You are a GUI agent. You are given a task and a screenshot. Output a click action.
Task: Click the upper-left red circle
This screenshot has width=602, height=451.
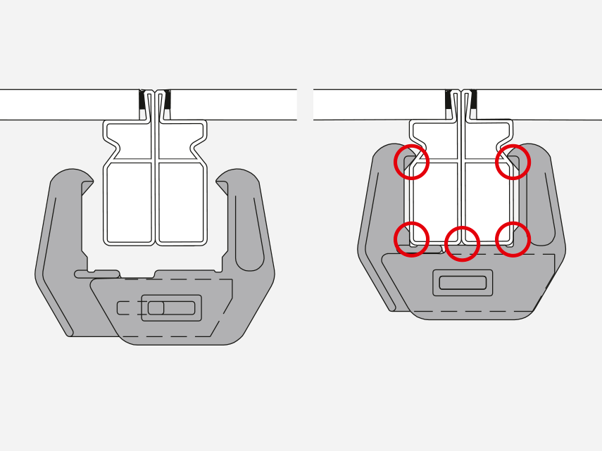pos(411,162)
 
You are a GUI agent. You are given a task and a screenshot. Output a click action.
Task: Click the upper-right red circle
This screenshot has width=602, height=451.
pos(513,162)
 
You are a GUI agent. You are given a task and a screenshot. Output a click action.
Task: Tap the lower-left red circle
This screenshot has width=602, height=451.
pos(411,239)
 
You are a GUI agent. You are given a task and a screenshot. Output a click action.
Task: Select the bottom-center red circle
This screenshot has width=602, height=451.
pos(462,243)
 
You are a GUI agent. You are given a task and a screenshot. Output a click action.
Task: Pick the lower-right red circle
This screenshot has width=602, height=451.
pos(513,239)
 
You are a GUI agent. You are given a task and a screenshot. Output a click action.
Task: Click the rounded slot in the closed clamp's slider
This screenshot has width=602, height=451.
pos(463,283)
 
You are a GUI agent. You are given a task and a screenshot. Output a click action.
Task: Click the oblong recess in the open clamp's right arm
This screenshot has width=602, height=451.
pos(249,232)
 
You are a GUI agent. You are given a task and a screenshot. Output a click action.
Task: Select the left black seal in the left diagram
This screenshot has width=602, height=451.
pos(142,104)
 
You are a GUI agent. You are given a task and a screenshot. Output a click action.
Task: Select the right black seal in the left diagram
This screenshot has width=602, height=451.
pos(167,104)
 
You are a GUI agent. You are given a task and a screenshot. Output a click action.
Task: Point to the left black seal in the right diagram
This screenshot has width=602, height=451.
pos(449,104)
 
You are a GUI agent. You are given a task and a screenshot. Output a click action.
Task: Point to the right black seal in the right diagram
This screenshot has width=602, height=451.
pos(473,104)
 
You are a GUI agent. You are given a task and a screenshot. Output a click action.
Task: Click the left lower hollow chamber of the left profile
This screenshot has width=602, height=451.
pos(130,203)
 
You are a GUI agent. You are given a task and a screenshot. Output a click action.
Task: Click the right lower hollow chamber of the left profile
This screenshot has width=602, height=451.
pos(181,203)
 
